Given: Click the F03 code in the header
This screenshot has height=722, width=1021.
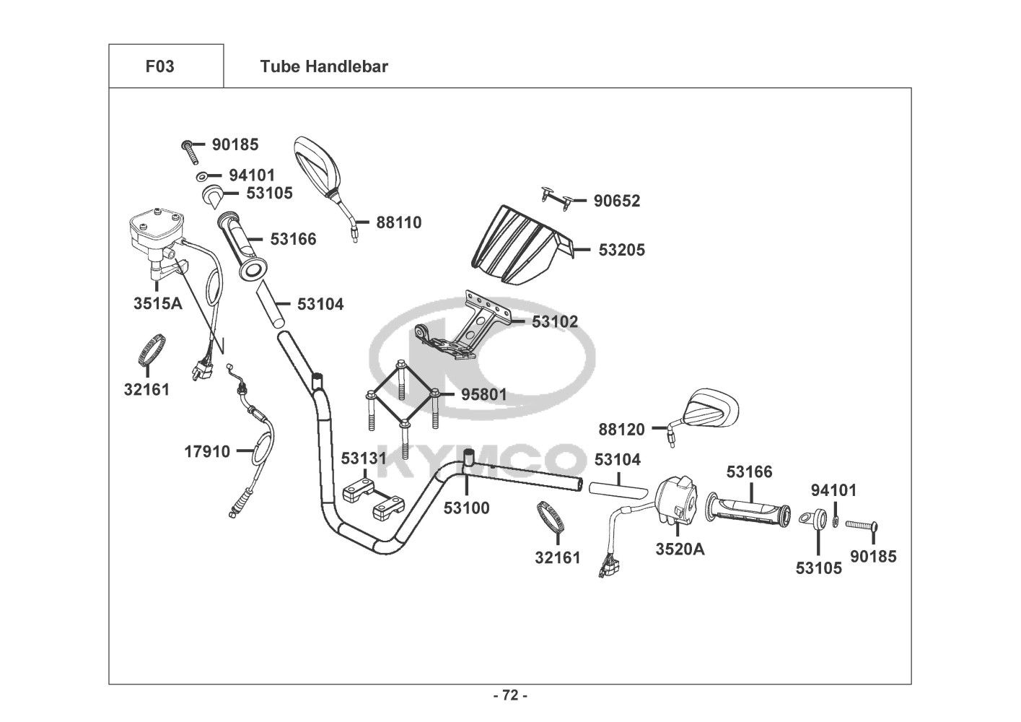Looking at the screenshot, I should click(159, 66).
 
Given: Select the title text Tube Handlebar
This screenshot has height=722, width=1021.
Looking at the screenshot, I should click(324, 66).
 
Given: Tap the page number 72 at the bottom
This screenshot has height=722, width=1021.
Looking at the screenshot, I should click(509, 696).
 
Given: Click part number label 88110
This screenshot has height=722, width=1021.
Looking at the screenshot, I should click(399, 222).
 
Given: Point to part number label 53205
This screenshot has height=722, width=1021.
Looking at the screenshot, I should click(622, 250).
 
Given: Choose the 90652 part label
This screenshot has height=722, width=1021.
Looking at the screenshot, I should click(617, 201).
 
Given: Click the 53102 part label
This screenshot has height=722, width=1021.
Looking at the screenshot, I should click(555, 321).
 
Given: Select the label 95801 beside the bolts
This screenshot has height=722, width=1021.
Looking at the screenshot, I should click(483, 395).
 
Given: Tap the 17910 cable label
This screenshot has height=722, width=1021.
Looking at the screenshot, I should click(207, 452).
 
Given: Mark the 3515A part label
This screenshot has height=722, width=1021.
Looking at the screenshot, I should click(158, 303).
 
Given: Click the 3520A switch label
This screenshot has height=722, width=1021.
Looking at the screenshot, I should click(680, 549).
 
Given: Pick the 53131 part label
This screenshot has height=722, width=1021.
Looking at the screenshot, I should click(364, 458).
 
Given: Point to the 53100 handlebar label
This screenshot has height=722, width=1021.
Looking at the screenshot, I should click(466, 508).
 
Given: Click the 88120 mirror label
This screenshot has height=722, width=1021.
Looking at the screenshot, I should click(621, 430).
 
